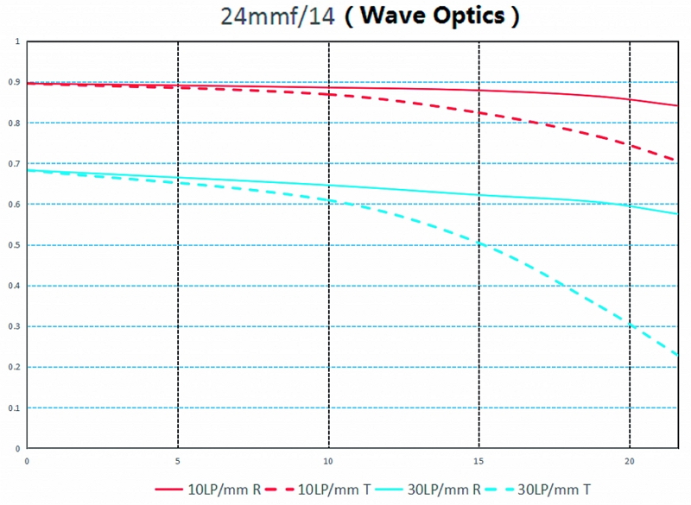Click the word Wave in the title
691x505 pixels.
(x=389, y=16)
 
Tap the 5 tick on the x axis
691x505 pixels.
(x=177, y=461)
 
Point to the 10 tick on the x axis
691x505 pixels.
(x=328, y=461)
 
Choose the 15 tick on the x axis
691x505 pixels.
(x=479, y=461)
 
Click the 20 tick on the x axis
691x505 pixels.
(x=630, y=461)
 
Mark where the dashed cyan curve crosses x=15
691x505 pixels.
(x=479, y=244)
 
